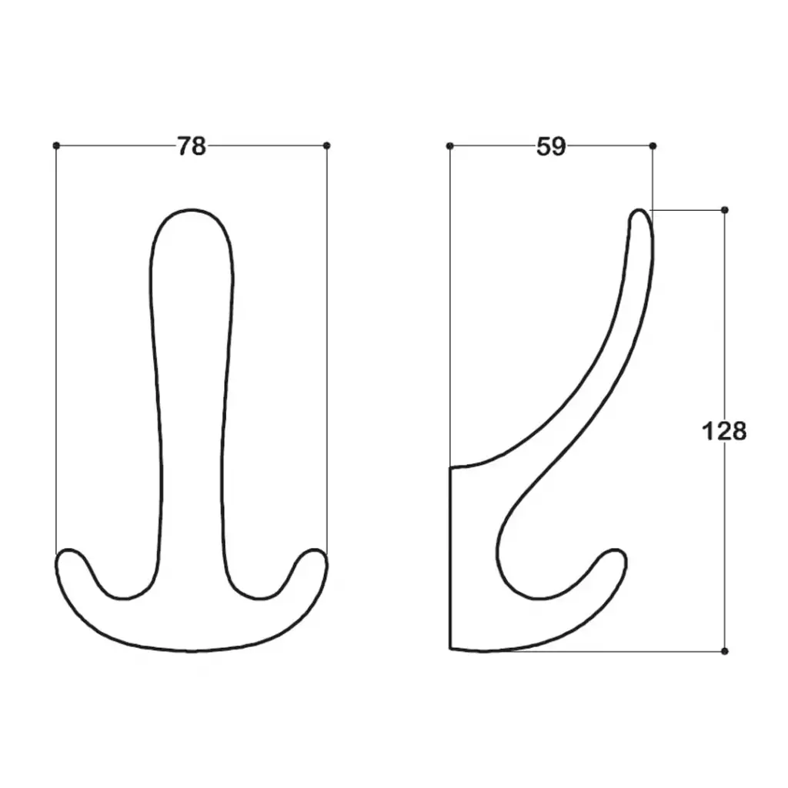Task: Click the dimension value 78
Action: [x=192, y=146]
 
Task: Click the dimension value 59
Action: [x=551, y=146]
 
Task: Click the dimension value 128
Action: [x=723, y=431]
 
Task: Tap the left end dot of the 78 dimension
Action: [x=56, y=145]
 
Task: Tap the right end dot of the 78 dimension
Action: [x=327, y=145]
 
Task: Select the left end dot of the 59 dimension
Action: [x=449, y=145]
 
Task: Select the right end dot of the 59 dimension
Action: [x=653, y=145]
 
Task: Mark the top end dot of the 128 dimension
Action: [x=725, y=209]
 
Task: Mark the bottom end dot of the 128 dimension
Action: [x=725, y=651]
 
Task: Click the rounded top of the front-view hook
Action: [x=192, y=210]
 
